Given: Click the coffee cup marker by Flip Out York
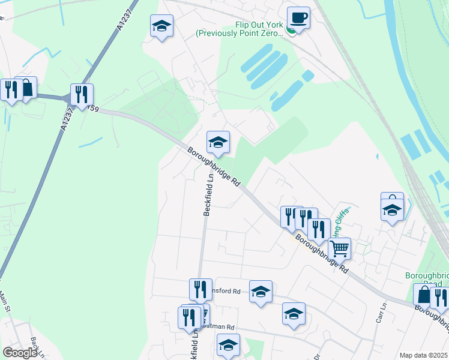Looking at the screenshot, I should click(298, 17).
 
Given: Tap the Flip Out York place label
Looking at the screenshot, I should click(239, 30).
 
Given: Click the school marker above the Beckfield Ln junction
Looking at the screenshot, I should click(218, 142).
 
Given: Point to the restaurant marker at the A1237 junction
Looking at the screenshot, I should click(81, 94).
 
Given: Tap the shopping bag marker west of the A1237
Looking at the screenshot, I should click(26, 88).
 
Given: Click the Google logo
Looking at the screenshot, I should click(20, 353).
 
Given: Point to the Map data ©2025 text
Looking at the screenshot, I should click(424, 355).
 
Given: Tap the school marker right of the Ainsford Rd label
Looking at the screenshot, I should click(261, 291).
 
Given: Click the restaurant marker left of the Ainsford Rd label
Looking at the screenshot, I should click(200, 289).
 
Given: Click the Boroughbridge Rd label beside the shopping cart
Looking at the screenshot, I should click(318, 253).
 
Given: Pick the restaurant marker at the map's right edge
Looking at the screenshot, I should click(440, 298).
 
